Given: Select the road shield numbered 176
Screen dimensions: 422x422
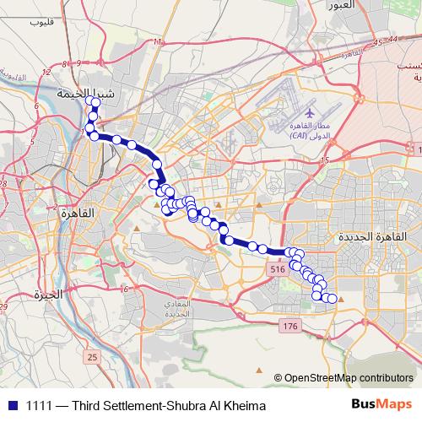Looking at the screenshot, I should point(290,325).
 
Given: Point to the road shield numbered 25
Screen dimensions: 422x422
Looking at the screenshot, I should point(92,359).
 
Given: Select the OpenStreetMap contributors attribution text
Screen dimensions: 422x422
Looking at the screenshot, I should point(349,378).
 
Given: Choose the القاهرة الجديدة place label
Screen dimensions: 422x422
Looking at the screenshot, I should point(371,239).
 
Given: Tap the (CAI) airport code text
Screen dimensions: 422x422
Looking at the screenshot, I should point(300,135).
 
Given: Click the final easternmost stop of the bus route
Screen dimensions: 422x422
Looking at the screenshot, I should point(332,299).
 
